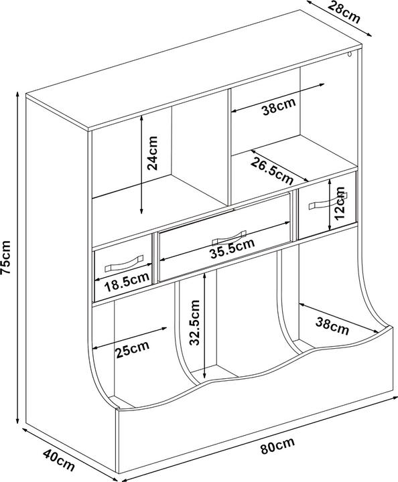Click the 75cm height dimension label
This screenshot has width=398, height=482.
pyautogui.click(x=6, y=257)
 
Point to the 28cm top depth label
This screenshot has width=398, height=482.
pyautogui.click(x=344, y=12)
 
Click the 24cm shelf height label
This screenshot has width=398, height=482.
pyautogui.click(x=152, y=153)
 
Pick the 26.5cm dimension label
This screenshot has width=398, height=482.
pyautogui.click(x=272, y=171)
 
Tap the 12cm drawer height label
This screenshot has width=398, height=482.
pyautogui.click(x=340, y=204)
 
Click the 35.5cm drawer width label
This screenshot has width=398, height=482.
pyautogui.click(x=233, y=248)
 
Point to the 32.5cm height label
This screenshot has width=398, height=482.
pyautogui.click(x=195, y=322)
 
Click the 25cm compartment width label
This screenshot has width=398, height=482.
pyautogui.click(x=133, y=349)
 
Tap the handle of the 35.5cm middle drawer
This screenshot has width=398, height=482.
pyautogui.click(x=229, y=238)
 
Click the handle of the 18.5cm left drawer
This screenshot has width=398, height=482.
pyautogui.click(x=124, y=264)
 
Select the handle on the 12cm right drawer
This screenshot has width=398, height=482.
pyautogui.click(x=328, y=201)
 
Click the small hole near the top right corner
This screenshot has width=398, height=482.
pyautogui.click(x=350, y=55)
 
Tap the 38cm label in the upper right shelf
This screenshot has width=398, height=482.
pyautogui.click(x=279, y=106)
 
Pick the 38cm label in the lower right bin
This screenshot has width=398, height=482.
pyautogui.click(x=332, y=327)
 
